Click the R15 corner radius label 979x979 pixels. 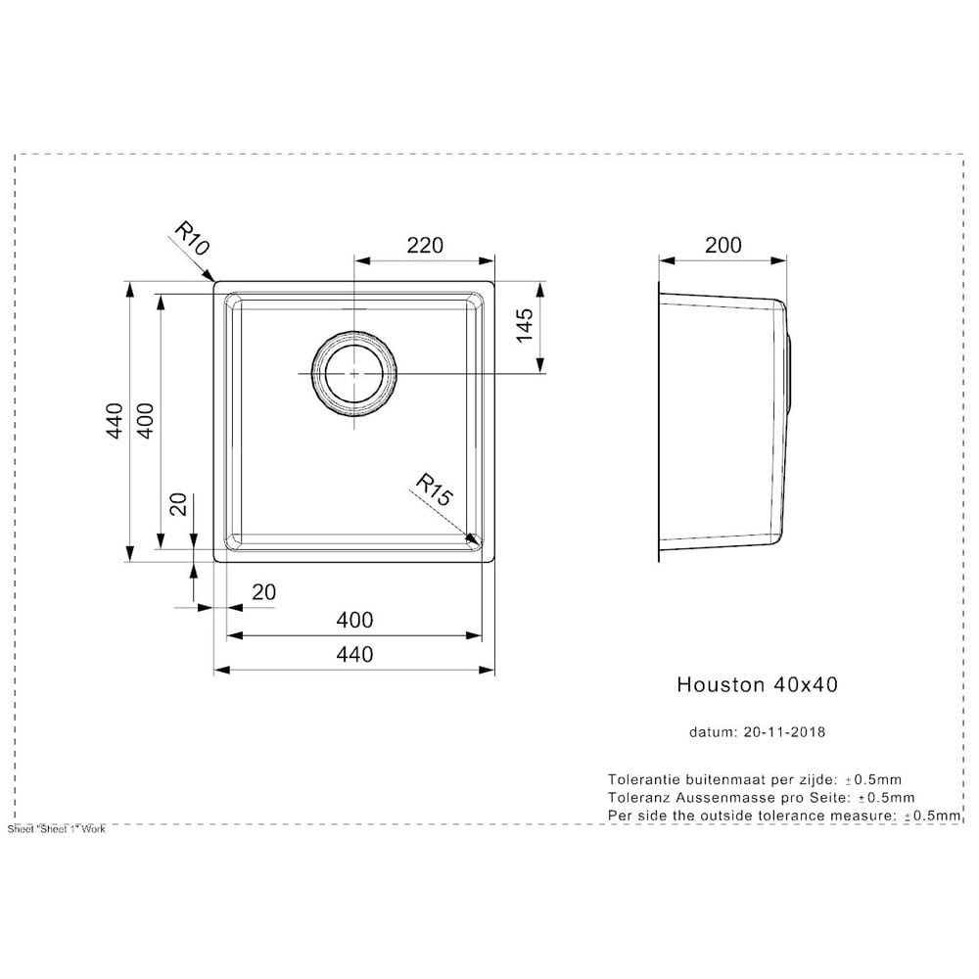434,489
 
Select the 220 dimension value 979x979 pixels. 425,246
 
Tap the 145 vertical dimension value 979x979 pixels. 525,325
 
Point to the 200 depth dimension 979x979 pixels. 723,246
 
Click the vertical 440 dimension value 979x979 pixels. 116,420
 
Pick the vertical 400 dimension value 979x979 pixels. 145,420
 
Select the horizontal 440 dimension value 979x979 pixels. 354,654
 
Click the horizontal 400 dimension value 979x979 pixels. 354,620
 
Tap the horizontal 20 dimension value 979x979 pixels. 263,592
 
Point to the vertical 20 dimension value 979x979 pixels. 178,504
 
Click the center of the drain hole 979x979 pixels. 354,373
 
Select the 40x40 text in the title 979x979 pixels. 806,685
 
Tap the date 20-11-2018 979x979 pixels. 784,731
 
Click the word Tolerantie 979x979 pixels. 644,779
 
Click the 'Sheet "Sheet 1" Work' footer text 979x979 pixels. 56,829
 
